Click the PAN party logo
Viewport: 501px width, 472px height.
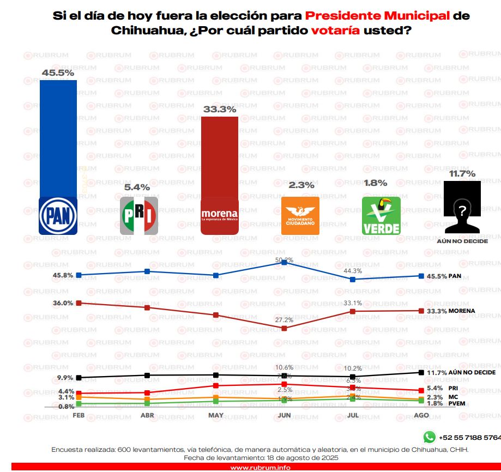[58, 215]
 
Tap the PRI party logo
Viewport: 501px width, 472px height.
[138, 215]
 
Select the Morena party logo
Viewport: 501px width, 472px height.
[220, 215]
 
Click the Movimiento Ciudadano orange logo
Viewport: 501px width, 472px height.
[300, 215]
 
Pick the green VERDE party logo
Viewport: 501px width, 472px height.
[381, 215]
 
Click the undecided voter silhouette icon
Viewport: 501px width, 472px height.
[462, 207]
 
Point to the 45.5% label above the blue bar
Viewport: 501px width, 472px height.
[58, 72]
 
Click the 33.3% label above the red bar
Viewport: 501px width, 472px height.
[220, 109]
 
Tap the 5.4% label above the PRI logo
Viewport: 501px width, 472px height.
[137, 187]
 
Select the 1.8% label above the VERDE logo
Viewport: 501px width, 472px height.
[376, 183]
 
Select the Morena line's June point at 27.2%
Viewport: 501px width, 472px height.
[285, 328]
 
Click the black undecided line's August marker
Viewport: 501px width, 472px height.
[421, 372]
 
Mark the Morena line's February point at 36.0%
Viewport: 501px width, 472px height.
[79, 303]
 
